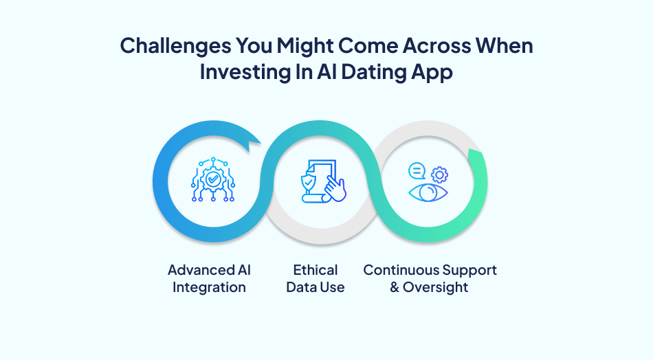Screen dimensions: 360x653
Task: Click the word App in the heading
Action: (432, 72)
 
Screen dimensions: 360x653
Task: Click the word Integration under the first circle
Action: (209, 287)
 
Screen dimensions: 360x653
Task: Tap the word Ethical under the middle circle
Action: (316, 269)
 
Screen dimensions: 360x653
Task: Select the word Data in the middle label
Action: (300, 287)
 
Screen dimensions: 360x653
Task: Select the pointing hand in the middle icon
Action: (335, 189)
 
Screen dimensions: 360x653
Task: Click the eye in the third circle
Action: (428, 192)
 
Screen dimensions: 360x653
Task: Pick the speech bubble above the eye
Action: (417, 170)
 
